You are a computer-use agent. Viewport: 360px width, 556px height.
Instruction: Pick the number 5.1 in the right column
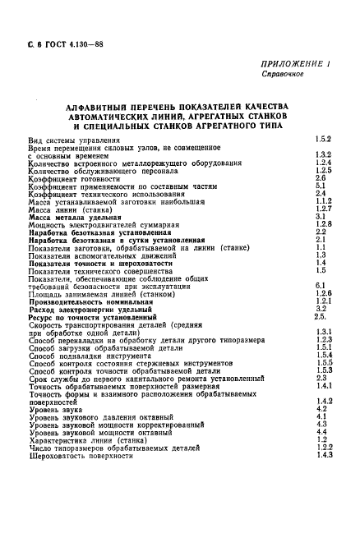[x=321, y=186]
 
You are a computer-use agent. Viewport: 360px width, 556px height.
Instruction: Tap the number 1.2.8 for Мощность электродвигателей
[x=322, y=224]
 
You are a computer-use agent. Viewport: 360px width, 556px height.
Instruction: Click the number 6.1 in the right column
[x=321, y=285]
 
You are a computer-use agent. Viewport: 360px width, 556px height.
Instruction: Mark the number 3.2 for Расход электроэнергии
[x=321, y=308]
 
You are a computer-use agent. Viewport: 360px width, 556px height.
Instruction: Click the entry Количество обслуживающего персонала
[x=104, y=170]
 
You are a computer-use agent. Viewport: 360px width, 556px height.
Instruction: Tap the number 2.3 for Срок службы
[x=321, y=377]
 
